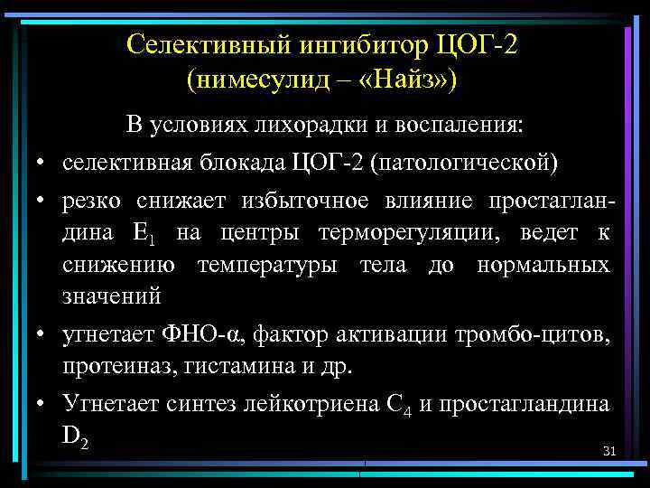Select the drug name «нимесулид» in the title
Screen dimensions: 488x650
[x=258, y=80]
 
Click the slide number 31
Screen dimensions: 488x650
[x=608, y=451]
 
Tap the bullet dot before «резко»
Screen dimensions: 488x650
[x=42, y=202]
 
